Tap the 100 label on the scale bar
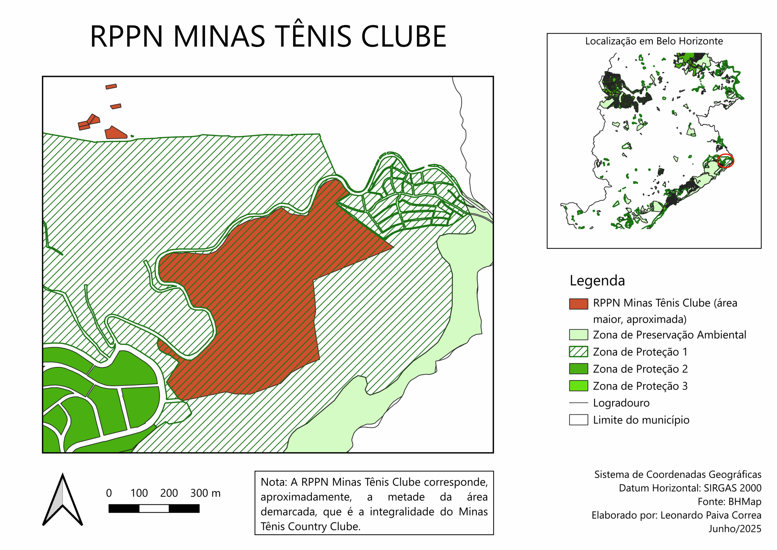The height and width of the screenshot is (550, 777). (x=139, y=493)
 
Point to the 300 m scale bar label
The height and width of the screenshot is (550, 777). (x=205, y=493)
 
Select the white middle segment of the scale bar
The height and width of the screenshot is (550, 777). (x=154, y=509)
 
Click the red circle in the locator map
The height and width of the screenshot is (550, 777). (x=725, y=161)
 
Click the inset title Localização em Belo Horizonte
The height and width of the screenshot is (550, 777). (x=654, y=41)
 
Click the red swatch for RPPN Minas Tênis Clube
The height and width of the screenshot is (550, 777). (x=579, y=304)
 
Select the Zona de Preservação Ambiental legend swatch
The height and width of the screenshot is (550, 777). (x=579, y=335)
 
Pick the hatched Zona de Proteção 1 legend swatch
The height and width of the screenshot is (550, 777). (x=579, y=352)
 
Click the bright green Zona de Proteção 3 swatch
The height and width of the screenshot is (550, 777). (x=579, y=386)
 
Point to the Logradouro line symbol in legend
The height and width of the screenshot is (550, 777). (x=579, y=403)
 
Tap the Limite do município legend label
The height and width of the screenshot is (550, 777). (x=641, y=420)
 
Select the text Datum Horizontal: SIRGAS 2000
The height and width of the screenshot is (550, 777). (x=690, y=488)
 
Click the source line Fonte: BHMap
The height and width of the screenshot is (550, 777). (x=729, y=502)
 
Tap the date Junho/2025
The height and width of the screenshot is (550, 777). (x=735, y=529)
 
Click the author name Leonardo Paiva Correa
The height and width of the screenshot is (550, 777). (x=711, y=515)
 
